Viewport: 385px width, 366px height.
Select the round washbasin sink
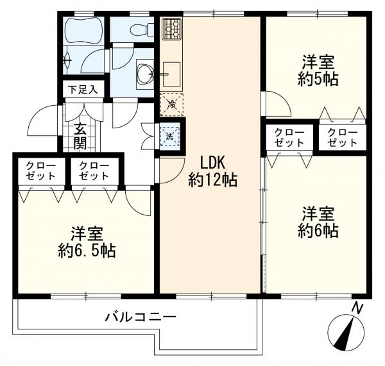tap(144, 71)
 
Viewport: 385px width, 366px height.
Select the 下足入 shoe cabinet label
tap(83, 90)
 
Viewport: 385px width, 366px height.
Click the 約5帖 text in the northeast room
tap(318, 81)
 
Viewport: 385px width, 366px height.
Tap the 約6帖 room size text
tap(318, 231)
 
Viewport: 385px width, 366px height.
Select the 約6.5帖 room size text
tap(85, 251)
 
